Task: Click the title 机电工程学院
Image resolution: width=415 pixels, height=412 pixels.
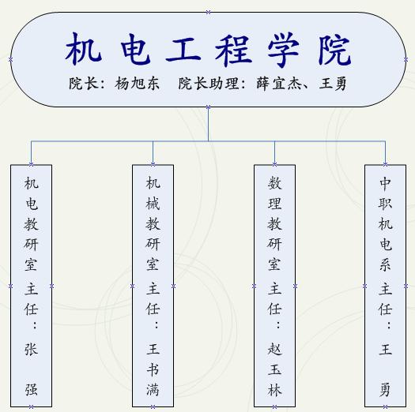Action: [x=208, y=50]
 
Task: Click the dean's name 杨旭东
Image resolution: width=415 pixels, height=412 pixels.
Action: [x=137, y=84]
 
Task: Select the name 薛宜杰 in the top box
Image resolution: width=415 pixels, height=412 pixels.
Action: [x=279, y=84]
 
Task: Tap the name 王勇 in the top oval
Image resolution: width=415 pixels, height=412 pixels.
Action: [x=333, y=84]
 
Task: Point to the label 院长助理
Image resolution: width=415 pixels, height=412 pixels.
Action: [x=209, y=84]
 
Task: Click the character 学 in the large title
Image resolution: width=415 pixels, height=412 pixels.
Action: [x=283, y=50]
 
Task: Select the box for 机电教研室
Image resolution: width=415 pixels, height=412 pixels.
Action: [x=32, y=286]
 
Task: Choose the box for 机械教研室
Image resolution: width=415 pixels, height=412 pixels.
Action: [x=153, y=286]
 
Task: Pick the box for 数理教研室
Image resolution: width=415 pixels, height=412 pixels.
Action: [x=275, y=286]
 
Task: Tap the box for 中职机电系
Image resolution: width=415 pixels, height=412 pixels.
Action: [x=386, y=286]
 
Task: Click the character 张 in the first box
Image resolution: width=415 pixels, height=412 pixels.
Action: [x=32, y=350]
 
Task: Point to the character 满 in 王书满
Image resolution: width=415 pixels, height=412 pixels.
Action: [x=153, y=390]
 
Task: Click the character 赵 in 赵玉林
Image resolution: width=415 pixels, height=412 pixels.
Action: [x=275, y=350]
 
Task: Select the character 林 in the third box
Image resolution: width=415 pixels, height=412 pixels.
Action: [x=275, y=390]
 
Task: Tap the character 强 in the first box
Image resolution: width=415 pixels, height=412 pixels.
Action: [x=32, y=390]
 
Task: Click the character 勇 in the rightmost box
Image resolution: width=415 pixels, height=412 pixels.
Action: [x=386, y=390]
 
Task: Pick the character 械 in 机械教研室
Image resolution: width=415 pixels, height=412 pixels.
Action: [x=153, y=204]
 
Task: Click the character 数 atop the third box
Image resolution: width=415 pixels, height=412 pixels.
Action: [x=275, y=183]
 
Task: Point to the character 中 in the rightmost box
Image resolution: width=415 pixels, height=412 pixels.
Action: [x=386, y=183]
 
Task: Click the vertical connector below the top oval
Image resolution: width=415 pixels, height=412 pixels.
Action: [x=209, y=124]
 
